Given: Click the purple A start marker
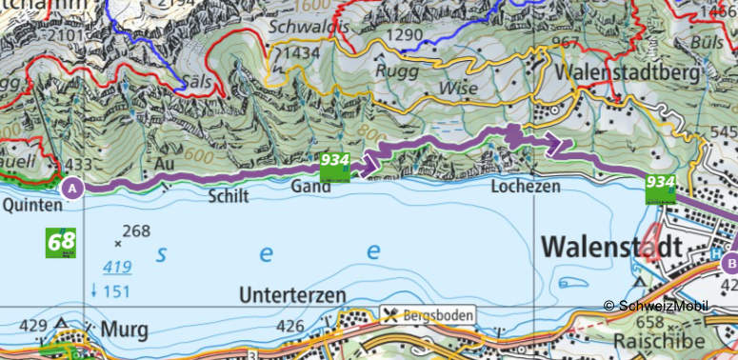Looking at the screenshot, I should click(71, 189).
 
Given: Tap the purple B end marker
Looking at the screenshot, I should click(730, 262).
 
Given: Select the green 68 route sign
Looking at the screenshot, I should click(61, 242).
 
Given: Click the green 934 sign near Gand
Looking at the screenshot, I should click(334, 163).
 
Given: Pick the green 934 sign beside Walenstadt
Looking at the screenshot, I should click(660, 188).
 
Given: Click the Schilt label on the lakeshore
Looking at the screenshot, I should click(227, 196).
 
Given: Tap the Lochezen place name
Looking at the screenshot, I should click(525, 188).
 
